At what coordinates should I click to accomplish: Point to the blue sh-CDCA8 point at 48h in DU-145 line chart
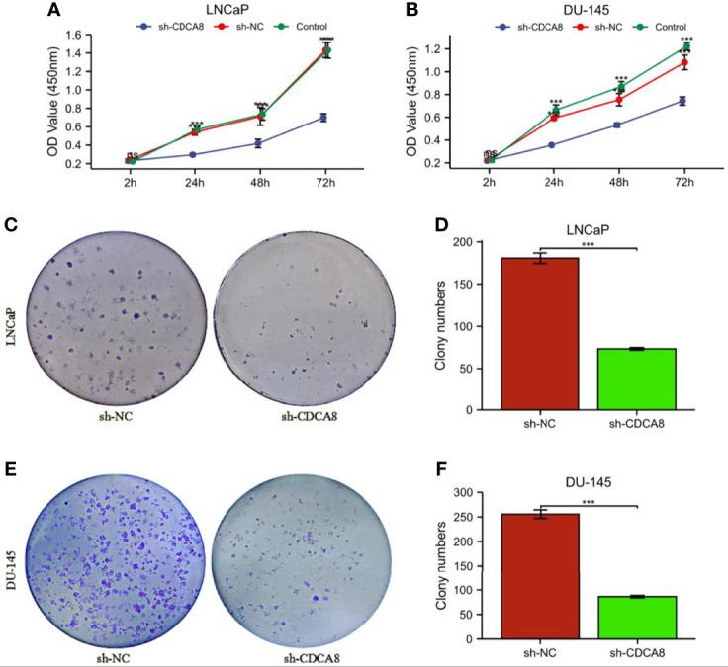[x=618, y=125]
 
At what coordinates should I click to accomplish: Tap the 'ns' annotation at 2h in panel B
[x=489, y=154]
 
